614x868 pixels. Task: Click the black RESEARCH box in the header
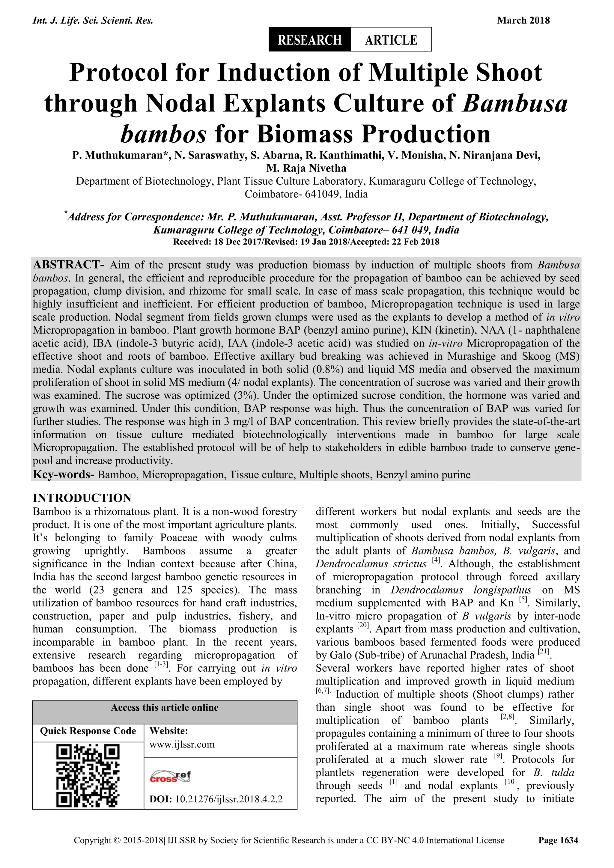point(309,39)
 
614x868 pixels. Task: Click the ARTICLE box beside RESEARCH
point(391,39)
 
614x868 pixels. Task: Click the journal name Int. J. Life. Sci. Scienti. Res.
point(93,20)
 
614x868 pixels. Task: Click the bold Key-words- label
point(64,474)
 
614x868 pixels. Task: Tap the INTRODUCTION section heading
point(82,498)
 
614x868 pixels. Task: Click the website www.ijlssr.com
point(182,745)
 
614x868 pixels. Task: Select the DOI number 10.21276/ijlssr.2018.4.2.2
point(229,799)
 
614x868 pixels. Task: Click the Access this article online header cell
point(165,708)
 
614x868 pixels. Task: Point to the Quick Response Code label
point(88,731)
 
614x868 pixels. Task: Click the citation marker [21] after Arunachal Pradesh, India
point(543,652)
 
